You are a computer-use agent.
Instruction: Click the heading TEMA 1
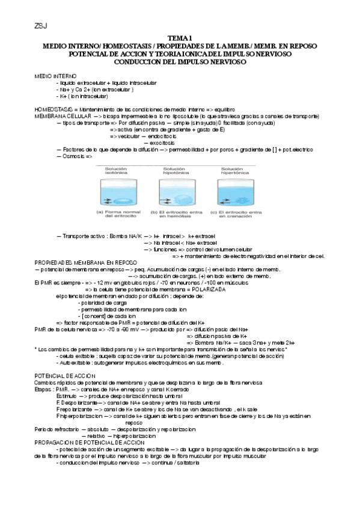pos(180,38)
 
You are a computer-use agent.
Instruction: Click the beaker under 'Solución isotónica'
pos(117,192)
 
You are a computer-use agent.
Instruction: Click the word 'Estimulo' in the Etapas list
pos(67,397)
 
